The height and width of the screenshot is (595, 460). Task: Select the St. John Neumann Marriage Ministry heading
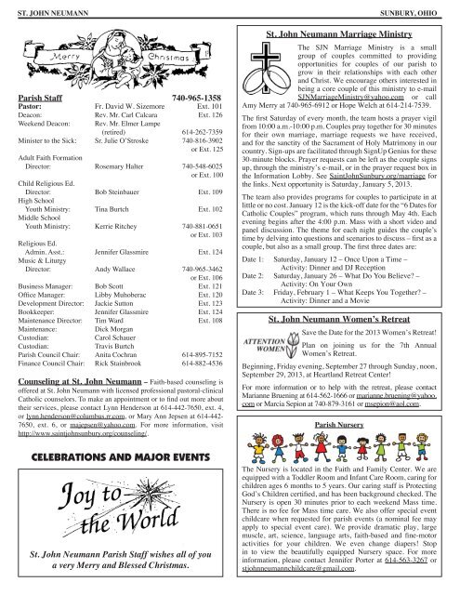tap(345, 31)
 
